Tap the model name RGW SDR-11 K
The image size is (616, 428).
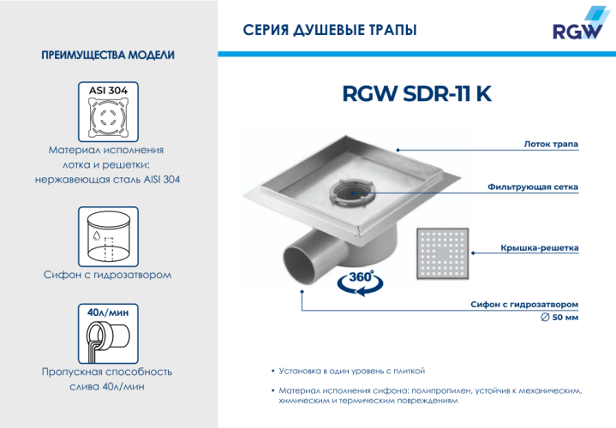pyautogui.click(x=416, y=94)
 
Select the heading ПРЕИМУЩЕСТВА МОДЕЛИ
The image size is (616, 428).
pyautogui.click(x=108, y=56)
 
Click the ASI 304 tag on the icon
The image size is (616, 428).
pyautogui.click(x=108, y=89)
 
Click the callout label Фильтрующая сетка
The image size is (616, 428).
pyautogui.click(x=532, y=187)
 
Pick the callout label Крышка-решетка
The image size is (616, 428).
pyautogui.click(x=539, y=248)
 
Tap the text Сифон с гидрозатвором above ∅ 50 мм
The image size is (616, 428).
pyautogui.click(x=524, y=304)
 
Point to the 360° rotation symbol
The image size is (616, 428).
pyautogui.click(x=357, y=282)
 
